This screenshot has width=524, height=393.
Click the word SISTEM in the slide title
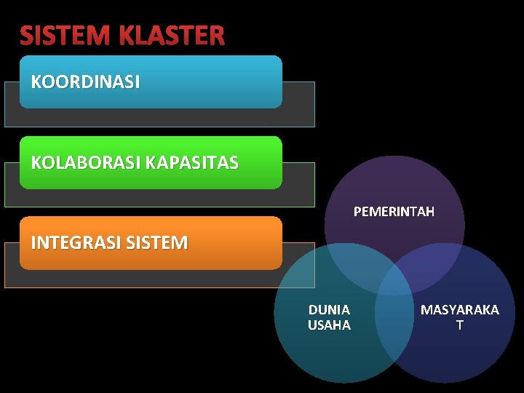[x=64, y=36]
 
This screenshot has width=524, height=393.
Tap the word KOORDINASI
[x=85, y=82]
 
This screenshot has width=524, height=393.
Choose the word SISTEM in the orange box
[x=157, y=242]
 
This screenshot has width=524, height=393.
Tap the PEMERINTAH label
[x=394, y=212]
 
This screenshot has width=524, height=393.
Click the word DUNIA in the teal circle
[x=329, y=310]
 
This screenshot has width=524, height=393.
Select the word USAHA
[x=329, y=325]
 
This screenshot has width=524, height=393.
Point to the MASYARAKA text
[x=460, y=310]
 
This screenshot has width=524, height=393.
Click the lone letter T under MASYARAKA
[x=459, y=325]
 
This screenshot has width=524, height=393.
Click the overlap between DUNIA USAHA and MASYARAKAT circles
[x=394, y=320]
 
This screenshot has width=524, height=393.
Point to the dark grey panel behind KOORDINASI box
[x=298, y=106]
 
